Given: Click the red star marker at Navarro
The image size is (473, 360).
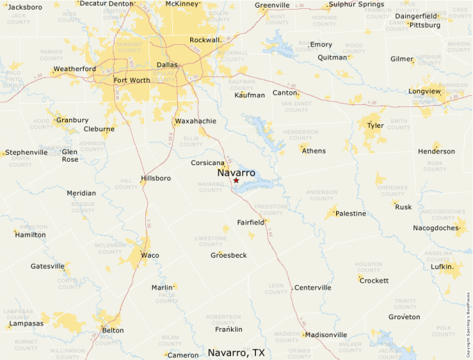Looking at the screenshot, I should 236,180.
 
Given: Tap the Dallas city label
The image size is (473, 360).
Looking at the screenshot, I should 167,64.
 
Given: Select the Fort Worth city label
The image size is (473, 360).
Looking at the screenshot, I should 131,80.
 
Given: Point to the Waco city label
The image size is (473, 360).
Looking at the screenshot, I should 149,255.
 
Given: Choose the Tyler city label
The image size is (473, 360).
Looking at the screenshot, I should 375,126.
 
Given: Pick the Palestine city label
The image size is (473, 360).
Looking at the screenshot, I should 351,214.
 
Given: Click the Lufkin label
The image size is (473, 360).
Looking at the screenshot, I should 442,267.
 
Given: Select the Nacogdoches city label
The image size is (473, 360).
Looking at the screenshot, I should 436,227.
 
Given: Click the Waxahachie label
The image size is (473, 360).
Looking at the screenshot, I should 196,121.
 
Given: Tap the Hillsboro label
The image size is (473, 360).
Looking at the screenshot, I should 156,178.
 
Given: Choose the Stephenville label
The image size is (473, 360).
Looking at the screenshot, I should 26,152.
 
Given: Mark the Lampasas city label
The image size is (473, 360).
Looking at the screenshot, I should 27,323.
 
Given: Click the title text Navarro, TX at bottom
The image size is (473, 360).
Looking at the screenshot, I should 236,352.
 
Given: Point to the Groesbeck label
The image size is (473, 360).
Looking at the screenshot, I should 229,255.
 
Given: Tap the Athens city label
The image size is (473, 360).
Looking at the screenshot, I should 314,151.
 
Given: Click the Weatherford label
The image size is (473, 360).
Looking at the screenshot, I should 75,69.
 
